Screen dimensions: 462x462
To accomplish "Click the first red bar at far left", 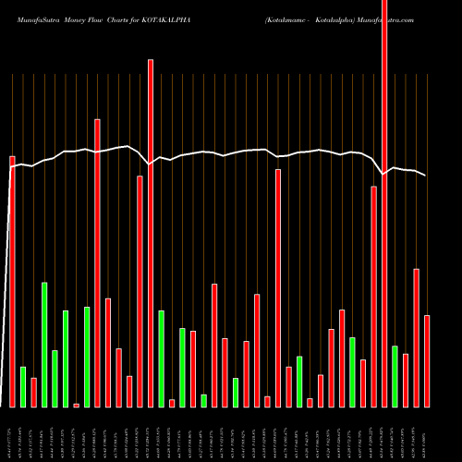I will pyautogui.click(x=12, y=282).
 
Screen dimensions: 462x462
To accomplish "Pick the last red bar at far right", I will pyautogui.click(x=427, y=360).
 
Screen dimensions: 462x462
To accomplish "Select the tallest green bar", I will pyautogui.click(x=44, y=344).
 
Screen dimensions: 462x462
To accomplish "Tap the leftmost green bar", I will pyautogui.click(x=23, y=386).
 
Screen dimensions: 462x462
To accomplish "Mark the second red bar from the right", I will pyautogui.click(x=416, y=337).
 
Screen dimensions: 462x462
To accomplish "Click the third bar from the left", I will pyautogui.click(x=33, y=392).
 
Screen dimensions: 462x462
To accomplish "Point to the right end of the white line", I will pyautogui.click(x=426, y=175).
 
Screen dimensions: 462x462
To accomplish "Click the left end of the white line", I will pyautogui.click(x=11, y=166).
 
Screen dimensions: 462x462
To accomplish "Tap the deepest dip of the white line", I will pyautogui.click(x=384, y=174).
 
